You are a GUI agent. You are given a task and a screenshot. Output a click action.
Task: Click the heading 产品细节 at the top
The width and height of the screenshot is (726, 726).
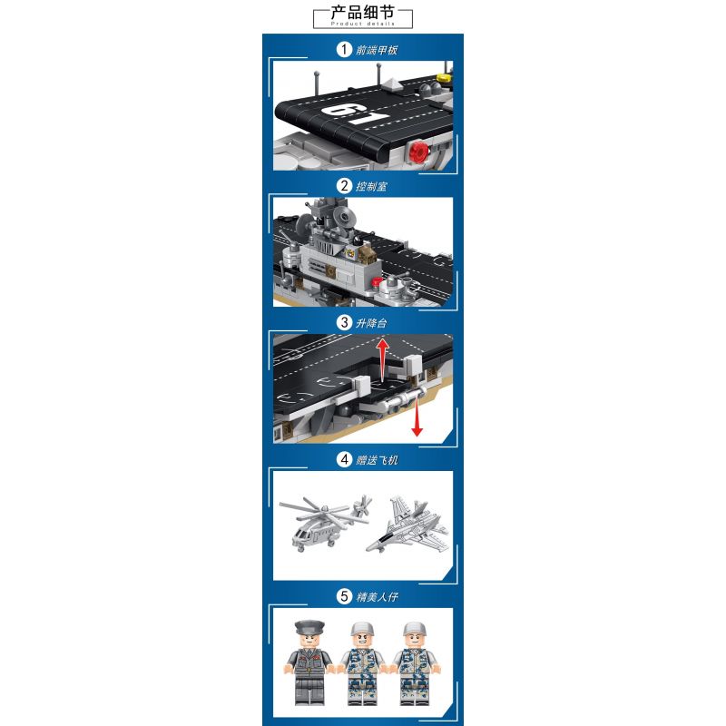(x=362, y=13)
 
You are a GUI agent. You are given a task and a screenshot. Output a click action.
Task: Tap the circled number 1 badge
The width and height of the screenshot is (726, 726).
(x=343, y=50)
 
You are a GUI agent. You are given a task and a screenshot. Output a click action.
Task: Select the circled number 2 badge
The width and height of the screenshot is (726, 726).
(x=343, y=186)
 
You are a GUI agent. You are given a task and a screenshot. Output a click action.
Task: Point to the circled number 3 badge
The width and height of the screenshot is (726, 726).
(x=343, y=322)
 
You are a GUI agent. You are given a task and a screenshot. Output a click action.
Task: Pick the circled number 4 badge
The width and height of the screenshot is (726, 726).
(x=343, y=459)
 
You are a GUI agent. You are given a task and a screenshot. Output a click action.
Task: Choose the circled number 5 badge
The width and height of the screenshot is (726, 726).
(x=343, y=596)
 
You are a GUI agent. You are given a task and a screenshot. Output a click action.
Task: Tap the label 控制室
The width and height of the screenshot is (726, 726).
(x=373, y=186)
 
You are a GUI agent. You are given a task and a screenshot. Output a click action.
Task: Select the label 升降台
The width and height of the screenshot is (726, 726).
(x=373, y=322)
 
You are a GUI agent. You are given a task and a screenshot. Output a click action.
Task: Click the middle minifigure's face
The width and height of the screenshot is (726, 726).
(x=361, y=641)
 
